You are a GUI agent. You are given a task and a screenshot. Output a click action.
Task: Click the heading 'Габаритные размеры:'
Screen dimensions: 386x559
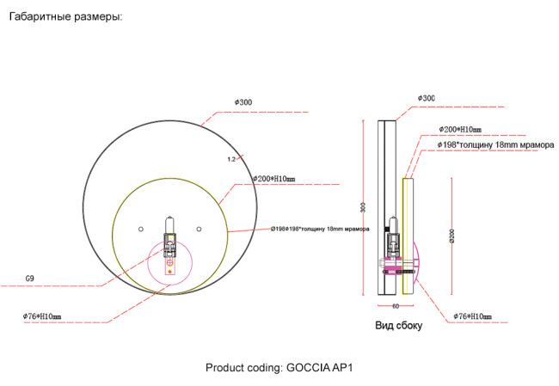click(65, 16)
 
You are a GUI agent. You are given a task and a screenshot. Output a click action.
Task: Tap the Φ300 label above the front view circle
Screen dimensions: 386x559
click(243, 102)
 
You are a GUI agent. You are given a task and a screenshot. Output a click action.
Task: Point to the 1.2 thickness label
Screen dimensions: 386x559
click(231, 159)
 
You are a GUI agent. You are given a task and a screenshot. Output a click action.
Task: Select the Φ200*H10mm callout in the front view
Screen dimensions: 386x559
click(273, 179)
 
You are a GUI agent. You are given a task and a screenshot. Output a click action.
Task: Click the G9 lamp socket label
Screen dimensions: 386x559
click(30, 279)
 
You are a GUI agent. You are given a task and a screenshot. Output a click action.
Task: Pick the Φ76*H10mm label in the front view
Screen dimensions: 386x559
click(41, 316)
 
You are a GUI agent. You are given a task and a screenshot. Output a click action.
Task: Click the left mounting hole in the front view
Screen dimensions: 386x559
click(141, 228)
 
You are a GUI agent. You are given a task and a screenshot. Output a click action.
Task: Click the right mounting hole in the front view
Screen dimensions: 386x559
click(199, 228)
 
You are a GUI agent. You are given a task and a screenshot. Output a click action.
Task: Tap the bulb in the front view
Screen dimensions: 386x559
click(170, 227)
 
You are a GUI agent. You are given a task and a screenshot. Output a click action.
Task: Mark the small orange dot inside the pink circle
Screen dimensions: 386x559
click(170, 272)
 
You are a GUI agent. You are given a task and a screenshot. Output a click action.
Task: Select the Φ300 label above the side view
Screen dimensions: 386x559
click(426, 98)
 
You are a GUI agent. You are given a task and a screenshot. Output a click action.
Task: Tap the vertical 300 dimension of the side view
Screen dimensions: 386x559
click(364, 207)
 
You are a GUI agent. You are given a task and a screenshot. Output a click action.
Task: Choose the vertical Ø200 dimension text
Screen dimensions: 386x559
click(451, 236)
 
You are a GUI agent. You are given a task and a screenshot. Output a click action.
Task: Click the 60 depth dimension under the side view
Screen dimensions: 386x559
click(396, 305)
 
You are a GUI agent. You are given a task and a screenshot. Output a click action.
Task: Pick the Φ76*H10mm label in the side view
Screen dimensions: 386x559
click(472, 316)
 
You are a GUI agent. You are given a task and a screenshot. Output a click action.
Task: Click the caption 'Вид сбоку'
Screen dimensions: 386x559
click(398, 327)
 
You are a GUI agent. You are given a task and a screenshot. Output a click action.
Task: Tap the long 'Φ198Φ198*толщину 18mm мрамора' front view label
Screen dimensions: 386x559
click(319, 230)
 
